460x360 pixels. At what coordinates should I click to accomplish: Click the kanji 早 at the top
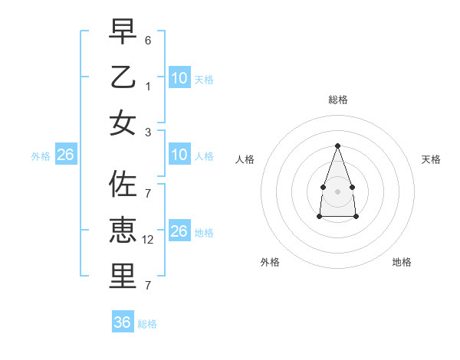[x=123, y=32]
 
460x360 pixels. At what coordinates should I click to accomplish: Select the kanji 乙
[x=123, y=77]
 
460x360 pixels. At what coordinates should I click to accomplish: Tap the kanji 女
[x=123, y=123]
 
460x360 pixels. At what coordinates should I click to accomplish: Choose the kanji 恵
[x=123, y=231]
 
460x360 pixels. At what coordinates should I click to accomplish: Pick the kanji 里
[x=123, y=277]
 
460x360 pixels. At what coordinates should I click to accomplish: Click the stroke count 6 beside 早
[x=148, y=39]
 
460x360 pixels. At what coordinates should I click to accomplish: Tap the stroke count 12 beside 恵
[x=148, y=240]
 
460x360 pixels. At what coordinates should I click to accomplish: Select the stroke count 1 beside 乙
[x=148, y=87]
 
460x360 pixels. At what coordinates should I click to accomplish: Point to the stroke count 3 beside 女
[x=148, y=133]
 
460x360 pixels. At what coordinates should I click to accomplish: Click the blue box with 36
[x=123, y=322]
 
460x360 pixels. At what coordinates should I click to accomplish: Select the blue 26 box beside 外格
[x=65, y=155]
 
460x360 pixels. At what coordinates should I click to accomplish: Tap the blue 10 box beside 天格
[x=179, y=77]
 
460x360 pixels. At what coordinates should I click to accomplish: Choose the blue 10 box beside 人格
[x=179, y=155]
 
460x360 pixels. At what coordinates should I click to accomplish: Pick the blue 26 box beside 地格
[x=179, y=231]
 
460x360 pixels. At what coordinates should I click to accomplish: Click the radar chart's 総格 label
[x=337, y=100]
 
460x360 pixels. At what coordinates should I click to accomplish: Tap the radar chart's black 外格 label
[x=270, y=262]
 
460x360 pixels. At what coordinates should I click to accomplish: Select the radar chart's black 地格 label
[x=402, y=262]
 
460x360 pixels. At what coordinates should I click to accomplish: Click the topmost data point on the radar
[x=337, y=146]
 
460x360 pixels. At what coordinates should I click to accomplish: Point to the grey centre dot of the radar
[x=337, y=191]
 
